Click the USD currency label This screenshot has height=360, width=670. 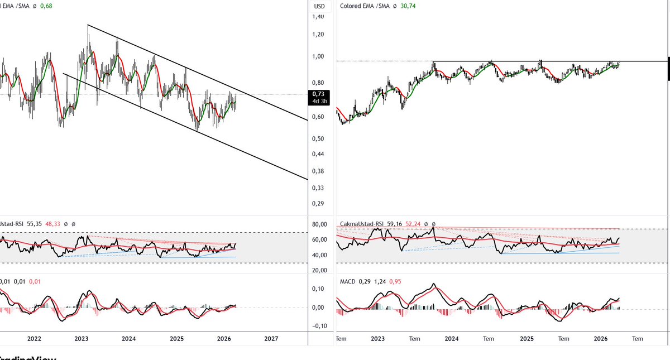click(319, 6)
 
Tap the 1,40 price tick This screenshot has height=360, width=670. click(319, 17)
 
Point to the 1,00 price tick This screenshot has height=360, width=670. click(319, 56)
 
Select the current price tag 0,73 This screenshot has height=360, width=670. click(319, 94)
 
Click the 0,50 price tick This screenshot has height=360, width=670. click(319, 138)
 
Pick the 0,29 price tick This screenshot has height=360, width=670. click(319, 204)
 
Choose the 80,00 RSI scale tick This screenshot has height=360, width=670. click(319, 225)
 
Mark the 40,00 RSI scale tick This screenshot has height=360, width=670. click(319, 256)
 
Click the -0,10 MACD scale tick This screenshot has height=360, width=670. click(319, 326)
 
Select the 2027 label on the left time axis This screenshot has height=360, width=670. click(271, 339)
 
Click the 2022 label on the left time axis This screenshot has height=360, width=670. click(34, 339)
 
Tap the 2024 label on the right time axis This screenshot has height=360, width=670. click(451, 339)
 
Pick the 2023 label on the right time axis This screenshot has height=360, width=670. click(377, 339)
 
